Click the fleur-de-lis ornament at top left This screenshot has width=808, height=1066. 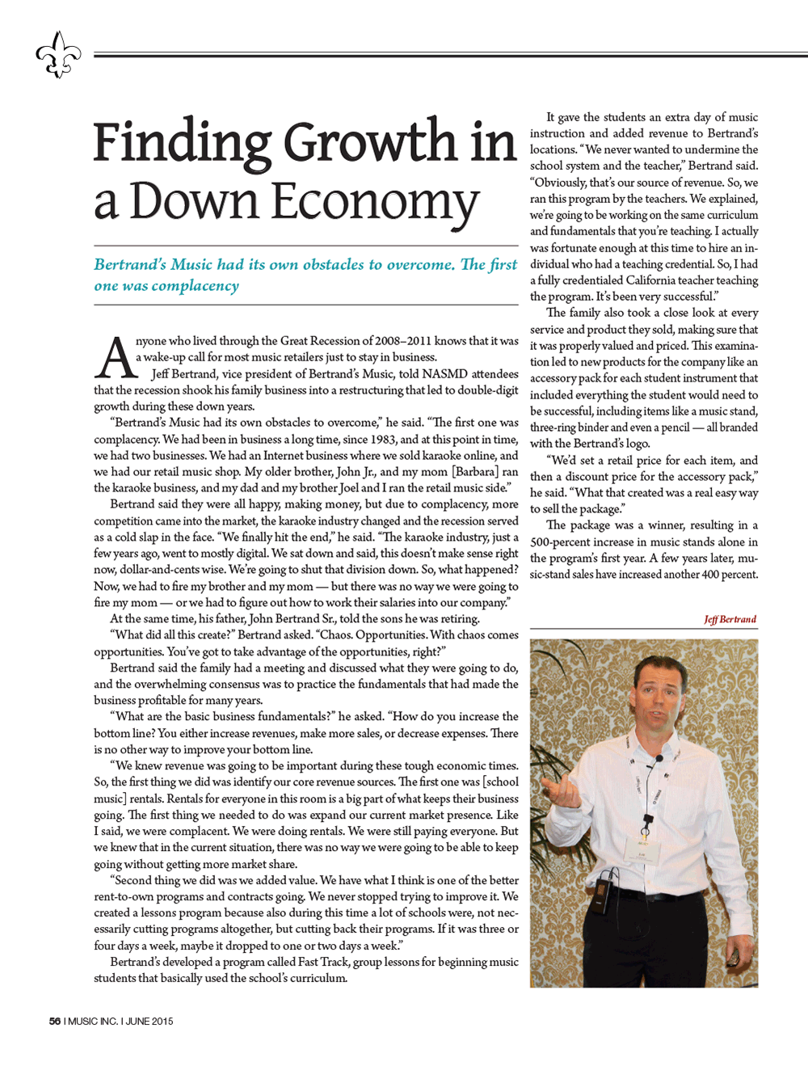[58, 55]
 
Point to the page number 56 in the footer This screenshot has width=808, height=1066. [54, 1021]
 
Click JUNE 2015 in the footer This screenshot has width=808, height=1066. [149, 1021]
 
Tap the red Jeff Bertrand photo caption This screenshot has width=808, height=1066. [730, 620]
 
